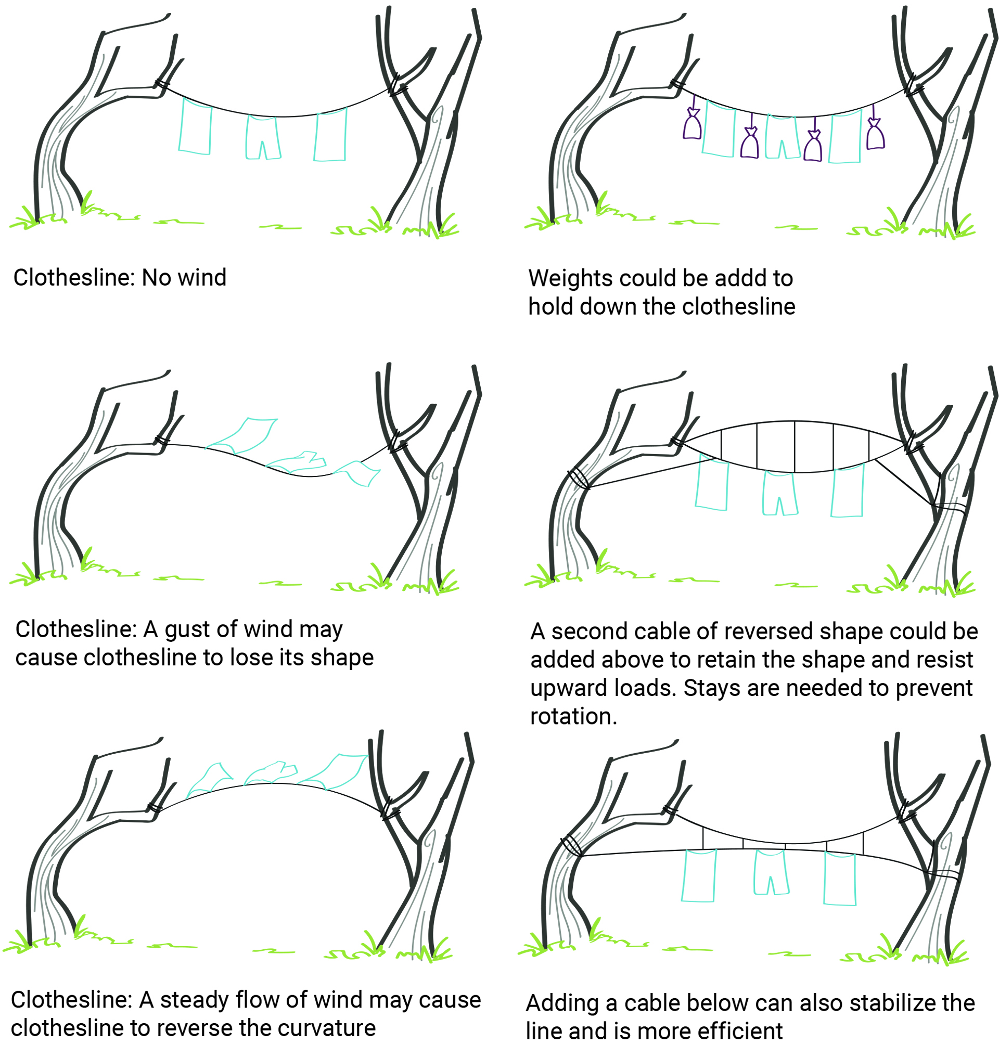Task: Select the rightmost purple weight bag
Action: coord(875,134)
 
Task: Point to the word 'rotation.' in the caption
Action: coord(573,717)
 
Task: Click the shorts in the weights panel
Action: coord(782,137)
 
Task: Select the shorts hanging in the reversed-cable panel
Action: coord(779,493)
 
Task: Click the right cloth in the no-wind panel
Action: coord(331,135)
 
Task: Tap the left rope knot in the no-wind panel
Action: coord(161,84)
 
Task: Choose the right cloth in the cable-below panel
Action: coord(840,878)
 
